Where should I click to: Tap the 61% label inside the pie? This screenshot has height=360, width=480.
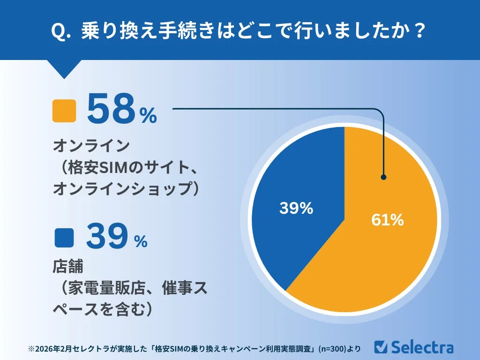coord(387,220)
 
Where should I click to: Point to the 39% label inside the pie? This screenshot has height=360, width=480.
coord(296,209)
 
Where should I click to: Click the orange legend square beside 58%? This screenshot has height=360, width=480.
coord(64,111)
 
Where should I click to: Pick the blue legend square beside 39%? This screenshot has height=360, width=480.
coord(64,238)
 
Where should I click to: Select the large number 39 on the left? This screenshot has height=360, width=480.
coord(106,237)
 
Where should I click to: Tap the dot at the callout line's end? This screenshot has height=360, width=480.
coord(383,177)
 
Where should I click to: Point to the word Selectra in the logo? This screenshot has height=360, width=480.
coord(422,347)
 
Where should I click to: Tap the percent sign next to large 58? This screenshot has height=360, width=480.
coord(148,116)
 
